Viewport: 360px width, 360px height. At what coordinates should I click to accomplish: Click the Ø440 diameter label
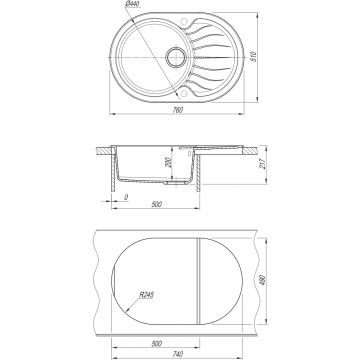click(x=132, y=4)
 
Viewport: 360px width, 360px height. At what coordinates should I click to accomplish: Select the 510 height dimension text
click(x=253, y=57)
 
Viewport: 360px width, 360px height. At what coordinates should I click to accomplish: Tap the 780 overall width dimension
click(x=178, y=110)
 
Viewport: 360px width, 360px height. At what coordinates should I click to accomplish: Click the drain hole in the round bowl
click(x=175, y=57)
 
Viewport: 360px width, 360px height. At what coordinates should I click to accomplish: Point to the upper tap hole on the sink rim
click(x=183, y=22)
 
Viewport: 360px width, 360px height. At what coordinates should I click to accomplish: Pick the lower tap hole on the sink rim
click(x=183, y=93)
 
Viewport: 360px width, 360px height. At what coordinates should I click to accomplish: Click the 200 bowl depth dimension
click(x=168, y=162)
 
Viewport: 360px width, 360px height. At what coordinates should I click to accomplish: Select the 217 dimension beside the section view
click(x=263, y=164)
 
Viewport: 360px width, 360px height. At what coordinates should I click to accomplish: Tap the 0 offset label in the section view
click(x=126, y=197)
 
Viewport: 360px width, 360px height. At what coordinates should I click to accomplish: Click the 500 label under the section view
click(x=156, y=204)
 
